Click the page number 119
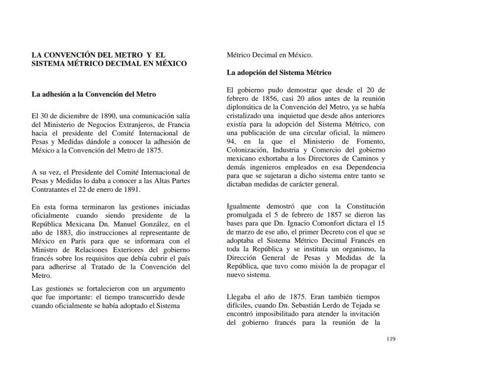(390, 340)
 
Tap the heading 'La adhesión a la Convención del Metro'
(94, 94)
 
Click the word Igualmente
(248, 206)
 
